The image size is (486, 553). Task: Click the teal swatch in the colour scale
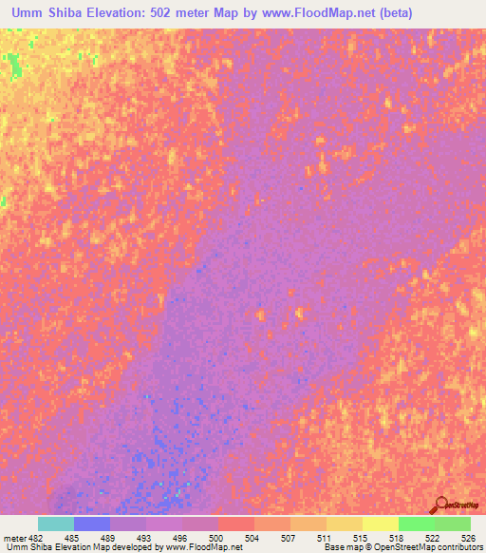(x=55, y=524)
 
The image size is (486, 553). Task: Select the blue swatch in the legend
(x=91, y=524)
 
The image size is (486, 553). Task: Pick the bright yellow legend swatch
(x=380, y=524)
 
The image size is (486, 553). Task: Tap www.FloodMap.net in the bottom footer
(x=202, y=548)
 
